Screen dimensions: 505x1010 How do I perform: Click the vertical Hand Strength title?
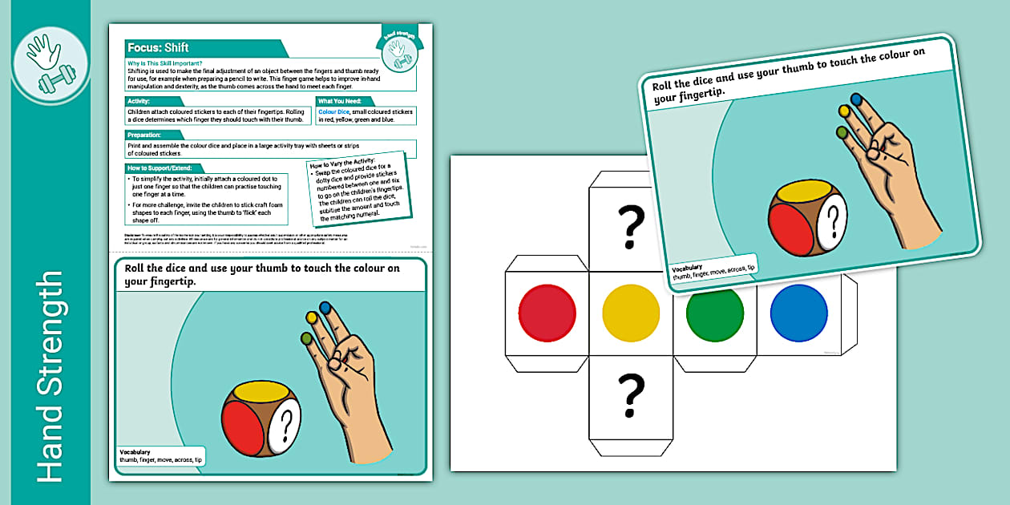[x=49, y=377]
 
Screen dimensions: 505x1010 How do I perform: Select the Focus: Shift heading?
[x=158, y=47]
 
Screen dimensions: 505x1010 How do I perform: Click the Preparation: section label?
[x=144, y=135]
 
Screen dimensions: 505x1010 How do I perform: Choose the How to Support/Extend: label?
[x=159, y=168]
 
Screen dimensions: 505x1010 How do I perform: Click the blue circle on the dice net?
[x=798, y=312]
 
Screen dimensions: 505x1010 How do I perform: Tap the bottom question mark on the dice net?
[x=631, y=397]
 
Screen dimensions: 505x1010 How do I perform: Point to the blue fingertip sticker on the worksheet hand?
[x=325, y=306]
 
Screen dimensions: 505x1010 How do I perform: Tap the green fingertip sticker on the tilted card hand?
[x=842, y=131]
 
